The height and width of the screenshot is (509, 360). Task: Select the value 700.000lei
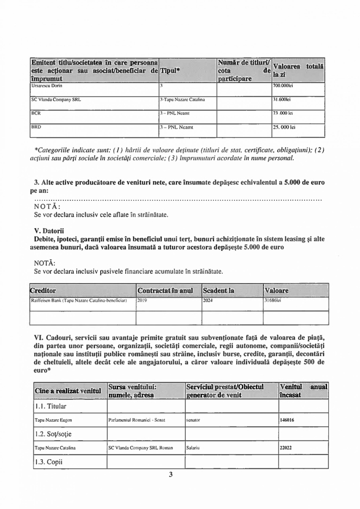click(x=284, y=86)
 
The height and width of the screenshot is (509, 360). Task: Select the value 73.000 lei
click(x=284, y=114)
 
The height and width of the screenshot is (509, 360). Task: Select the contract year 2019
click(x=143, y=301)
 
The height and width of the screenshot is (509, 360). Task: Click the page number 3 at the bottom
click(x=171, y=475)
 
